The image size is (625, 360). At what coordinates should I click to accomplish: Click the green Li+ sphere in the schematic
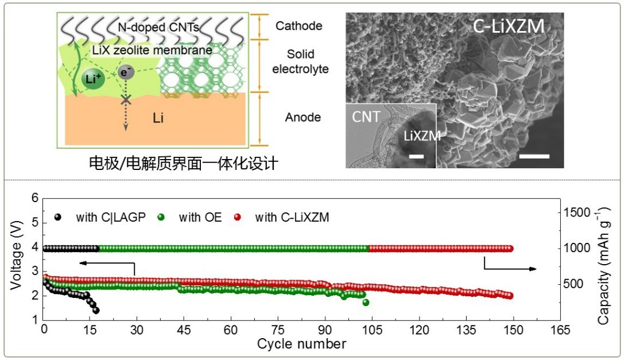(x=93, y=79)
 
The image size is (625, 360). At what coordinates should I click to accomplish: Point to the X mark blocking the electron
(x=126, y=100)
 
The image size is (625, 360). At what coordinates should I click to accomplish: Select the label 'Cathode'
(x=298, y=26)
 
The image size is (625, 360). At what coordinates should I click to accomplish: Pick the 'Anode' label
(x=302, y=118)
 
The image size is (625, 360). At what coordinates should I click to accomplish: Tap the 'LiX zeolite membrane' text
(x=152, y=51)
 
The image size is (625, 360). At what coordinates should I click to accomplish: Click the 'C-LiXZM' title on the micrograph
(x=508, y=26)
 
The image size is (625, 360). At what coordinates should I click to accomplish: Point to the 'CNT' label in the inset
(x=366, y=117)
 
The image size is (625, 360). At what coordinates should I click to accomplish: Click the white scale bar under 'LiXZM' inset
(x=417, y=156)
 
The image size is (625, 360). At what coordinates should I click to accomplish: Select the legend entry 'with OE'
(x=196, y=217)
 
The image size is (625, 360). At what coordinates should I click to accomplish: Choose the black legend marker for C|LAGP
(x=58, y=217)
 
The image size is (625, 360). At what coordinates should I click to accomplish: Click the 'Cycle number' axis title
(x=301, y=344)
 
